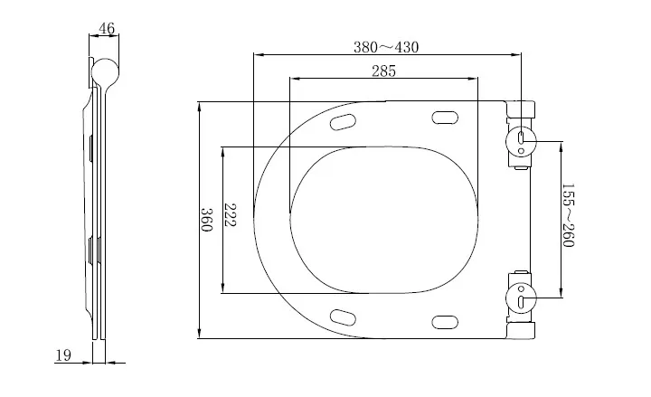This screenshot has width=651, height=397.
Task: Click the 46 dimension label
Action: (x=107, y=28)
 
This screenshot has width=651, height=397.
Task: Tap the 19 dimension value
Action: (x=63, y=355)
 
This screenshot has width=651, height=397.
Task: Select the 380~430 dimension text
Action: (x=385, y=47)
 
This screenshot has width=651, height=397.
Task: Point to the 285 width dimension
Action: (x=383, y=71)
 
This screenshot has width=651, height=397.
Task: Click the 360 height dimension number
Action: (x=207, y=220)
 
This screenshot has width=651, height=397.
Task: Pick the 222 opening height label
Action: (x=231, y=215)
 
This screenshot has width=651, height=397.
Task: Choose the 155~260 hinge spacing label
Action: (x=568, y=217)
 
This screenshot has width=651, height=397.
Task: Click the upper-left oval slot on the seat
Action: (x=344, y=122)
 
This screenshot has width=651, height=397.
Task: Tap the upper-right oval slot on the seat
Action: (x=445, y=117)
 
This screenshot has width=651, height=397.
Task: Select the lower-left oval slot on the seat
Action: (x=344, y=317)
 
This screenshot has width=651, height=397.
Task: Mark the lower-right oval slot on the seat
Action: (x=445, y=322)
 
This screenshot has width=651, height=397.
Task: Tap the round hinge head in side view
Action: (x=106, y=72)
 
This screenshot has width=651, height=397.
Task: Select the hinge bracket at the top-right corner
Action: (x=522, y=109)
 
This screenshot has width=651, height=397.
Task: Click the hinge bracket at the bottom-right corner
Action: (x=522, y=330)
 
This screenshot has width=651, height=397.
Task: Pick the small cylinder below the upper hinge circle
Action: (x=522, y=165)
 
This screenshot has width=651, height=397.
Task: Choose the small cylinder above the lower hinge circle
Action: (x=522, y=272)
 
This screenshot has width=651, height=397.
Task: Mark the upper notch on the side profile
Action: (x=92, y=148)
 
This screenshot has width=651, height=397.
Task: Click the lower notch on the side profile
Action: (x=92, y=248)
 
